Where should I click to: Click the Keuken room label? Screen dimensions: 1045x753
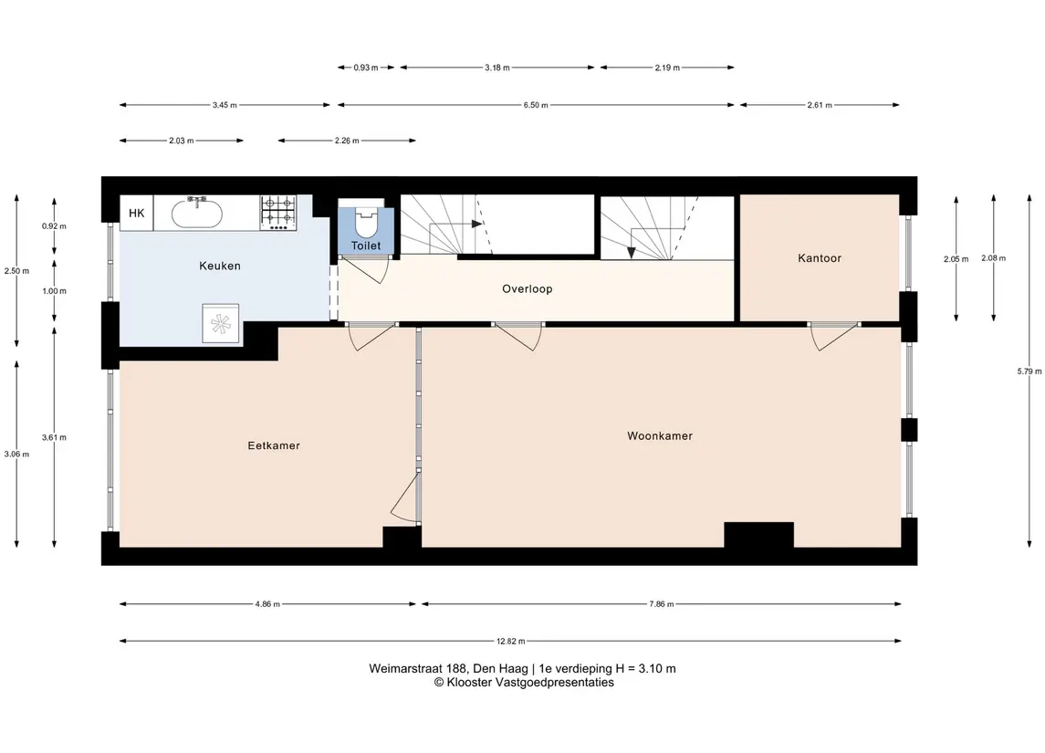pos(220,266)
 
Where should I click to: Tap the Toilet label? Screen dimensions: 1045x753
pos(366,246)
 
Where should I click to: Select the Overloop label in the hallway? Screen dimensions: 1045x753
pos(528,289)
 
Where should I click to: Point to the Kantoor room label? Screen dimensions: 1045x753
pos(819,258)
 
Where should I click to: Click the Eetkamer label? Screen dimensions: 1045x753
pos(274,445)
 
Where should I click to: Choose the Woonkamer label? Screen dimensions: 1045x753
pos(660,436)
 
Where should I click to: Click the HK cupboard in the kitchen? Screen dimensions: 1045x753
pos(137,214)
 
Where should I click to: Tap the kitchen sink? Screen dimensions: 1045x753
pos(197,213)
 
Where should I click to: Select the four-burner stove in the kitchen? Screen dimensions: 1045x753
pos(278,213)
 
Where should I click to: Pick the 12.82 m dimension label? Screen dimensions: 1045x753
pos(510,642)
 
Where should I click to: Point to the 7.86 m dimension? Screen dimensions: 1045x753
pos(661,604)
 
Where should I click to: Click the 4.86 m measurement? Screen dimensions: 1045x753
pos(267,604)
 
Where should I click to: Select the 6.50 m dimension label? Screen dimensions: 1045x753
pos(536,105)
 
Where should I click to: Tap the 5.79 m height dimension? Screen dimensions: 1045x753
pos(1029,371)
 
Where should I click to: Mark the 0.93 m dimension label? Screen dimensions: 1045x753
pos(366,68)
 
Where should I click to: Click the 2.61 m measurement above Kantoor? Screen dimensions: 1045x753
pos(820,105)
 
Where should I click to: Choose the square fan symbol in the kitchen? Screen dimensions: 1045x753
pos(220,324)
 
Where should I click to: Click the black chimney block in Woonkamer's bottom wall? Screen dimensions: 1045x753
pos(758,535)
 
